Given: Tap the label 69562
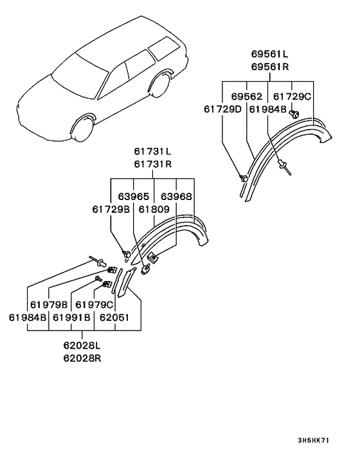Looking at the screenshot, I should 247,96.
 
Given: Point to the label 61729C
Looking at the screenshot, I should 292,96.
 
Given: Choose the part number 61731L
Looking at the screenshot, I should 152,152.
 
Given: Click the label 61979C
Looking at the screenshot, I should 94,304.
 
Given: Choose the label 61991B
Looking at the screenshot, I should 72,317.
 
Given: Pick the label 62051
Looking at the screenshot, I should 116,317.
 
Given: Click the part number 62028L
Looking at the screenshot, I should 82,346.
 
